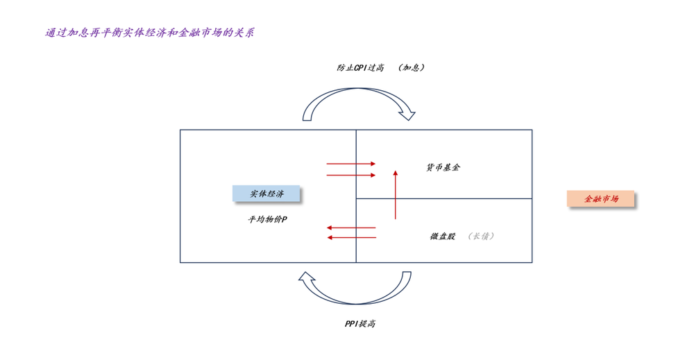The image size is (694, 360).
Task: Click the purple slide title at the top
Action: click(149, 33)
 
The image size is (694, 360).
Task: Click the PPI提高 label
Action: click(361, 324)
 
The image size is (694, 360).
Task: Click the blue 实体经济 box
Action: click(267, 194)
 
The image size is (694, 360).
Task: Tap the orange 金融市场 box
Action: click(601, 199)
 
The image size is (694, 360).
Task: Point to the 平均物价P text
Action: click(268, 220)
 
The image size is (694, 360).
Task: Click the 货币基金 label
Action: click(443, 167)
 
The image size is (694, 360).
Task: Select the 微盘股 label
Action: click(442, 236)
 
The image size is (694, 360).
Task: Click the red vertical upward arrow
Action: click(396, 194)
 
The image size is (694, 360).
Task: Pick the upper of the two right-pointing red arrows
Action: click(351, 164)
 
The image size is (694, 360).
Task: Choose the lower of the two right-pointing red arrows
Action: click(351, 175)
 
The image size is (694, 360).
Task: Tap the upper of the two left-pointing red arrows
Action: click(351, 228)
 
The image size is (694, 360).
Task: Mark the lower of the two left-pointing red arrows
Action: click(351, 238)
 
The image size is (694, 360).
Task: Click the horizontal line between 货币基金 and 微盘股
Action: click(444, 199)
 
